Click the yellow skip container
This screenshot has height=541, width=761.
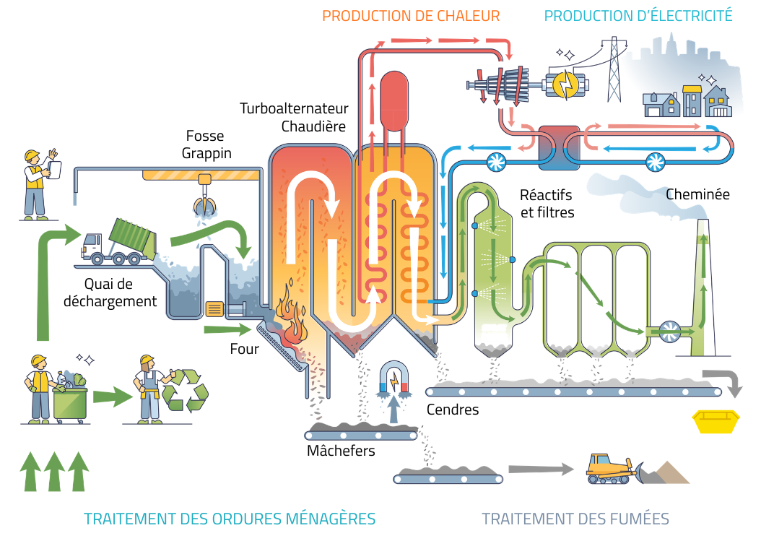(x=716, y=421)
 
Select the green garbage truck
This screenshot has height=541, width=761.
(x=119, y=242)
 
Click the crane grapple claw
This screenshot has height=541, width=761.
(x=205, y=204)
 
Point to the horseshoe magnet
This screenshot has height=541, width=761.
(x=394, y=376)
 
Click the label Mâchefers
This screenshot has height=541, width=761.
(x=341, y=451)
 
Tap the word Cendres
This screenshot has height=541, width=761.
(x=452, y=410)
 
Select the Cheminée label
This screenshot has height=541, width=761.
(x=697, y=194)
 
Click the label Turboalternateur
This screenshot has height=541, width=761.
(x=294, y=108)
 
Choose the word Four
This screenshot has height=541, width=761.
(x=244, y=349)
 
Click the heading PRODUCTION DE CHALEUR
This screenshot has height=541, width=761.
(x=411, y=16)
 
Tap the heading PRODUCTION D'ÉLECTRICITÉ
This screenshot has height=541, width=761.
(x=638, y=16)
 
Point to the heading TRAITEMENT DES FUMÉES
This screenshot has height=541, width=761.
(x=575, y=519)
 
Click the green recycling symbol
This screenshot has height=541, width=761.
(x=186, y=390)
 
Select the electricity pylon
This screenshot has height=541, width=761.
(x=614, y=69)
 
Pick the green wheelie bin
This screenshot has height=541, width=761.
(x=70, y=404)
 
